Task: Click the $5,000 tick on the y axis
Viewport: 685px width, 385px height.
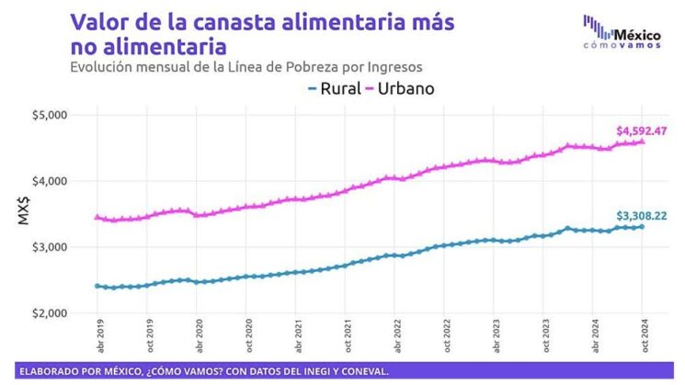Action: (x=74, y=115)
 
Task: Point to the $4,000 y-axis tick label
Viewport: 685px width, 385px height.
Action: (x=74, y=181)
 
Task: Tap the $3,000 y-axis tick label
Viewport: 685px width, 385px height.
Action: (x=74, y=247)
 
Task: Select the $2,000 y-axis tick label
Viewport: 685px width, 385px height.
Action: (x=74, y=313)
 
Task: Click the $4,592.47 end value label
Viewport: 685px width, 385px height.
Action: (x=641, y=130)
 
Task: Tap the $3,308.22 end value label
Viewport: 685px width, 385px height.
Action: (x=641, y=216)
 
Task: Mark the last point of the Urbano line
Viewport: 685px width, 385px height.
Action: (x=642, y=141)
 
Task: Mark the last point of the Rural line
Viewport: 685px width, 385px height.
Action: (x=642, y=226)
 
